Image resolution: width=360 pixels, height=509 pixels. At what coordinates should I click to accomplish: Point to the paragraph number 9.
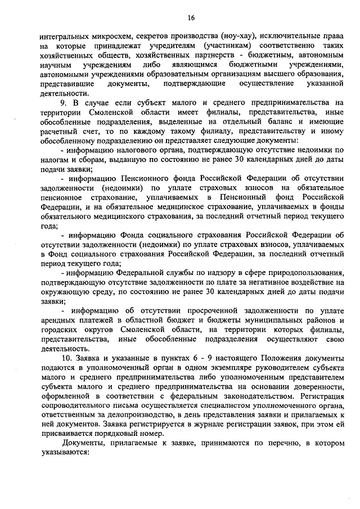63,102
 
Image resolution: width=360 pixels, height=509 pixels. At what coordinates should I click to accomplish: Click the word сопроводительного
76,406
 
